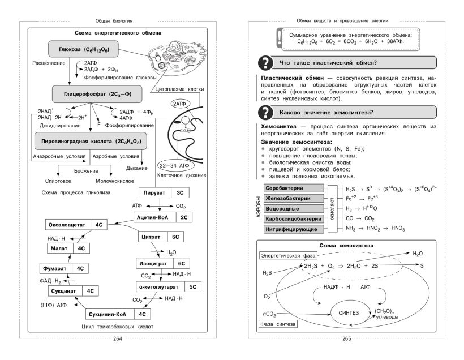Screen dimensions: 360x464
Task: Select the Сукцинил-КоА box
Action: [119, 314]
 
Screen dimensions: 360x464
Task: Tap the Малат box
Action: [67, 248]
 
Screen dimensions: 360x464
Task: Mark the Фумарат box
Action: [66, 268]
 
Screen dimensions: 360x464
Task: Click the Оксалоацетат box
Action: [76, 225]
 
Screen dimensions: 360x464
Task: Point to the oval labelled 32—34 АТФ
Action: [174, 165]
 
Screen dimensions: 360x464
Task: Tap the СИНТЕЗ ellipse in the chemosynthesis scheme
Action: [349, 311]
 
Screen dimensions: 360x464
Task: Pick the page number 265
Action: [347, 339]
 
